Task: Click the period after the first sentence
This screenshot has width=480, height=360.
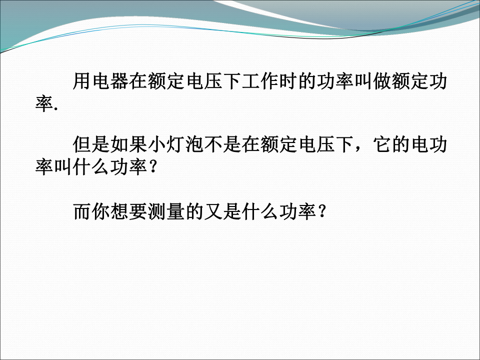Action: click(55, 109)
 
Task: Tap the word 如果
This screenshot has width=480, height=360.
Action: click(129, 144)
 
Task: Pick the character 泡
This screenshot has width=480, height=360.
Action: click(194, 144)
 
